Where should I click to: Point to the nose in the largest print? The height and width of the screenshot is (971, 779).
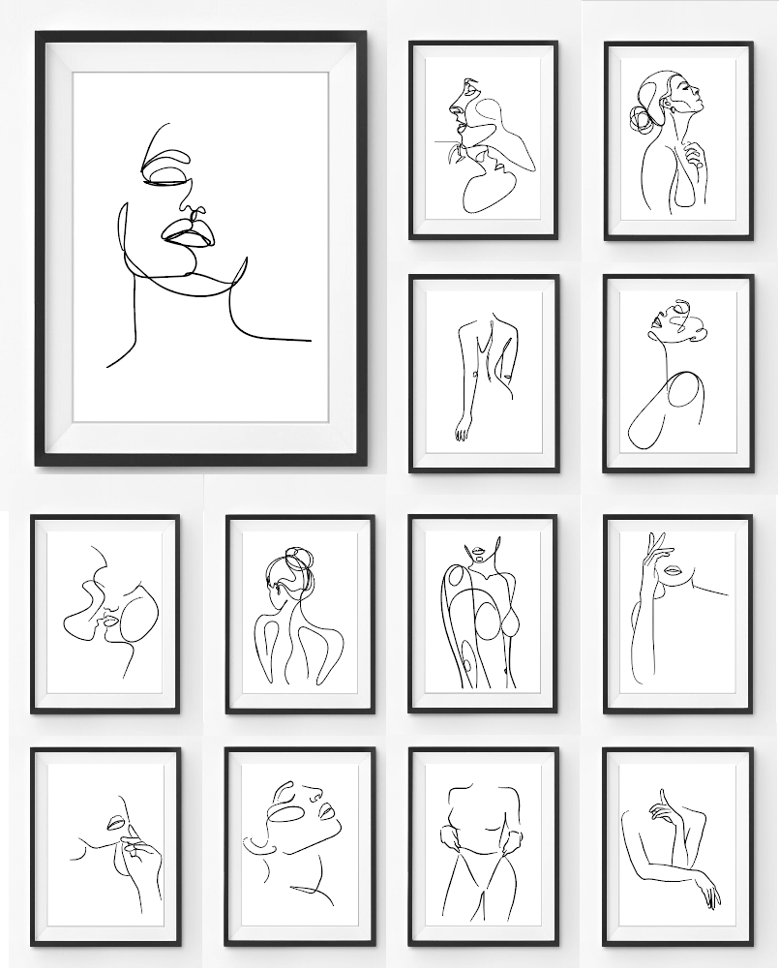coord(194,211)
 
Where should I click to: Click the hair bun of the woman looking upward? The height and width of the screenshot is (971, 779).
coord(641,119)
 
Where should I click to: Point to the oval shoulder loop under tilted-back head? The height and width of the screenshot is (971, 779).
coord(685,395)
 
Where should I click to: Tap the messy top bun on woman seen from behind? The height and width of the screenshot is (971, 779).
coord(296,561)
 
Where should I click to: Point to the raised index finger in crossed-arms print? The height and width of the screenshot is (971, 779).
coord(661,800)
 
